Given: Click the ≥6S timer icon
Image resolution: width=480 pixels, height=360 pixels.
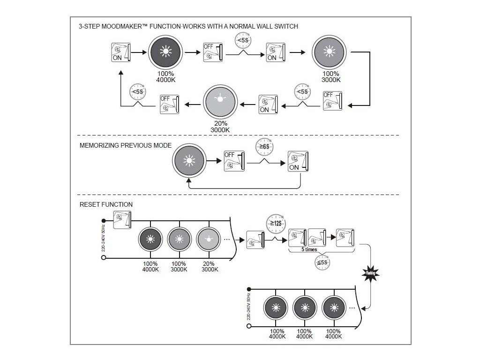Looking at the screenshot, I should [x=264, y=147].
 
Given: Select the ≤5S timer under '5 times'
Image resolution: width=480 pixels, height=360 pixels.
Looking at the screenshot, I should [x=322, y=262].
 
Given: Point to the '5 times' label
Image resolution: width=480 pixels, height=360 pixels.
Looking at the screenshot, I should [x=309, y=249].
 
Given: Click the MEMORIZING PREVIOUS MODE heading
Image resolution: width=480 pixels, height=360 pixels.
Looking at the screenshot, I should [x=126, y=145].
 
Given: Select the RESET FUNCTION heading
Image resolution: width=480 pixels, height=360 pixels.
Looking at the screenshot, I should [x=106, y=204].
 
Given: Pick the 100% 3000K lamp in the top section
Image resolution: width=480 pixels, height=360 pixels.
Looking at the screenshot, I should [x=330, y=53].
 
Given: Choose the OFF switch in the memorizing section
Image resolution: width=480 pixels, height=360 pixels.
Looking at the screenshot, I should [x=234, y=161].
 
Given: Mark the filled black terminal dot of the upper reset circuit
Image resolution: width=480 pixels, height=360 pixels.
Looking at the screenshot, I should [x=104, y=220].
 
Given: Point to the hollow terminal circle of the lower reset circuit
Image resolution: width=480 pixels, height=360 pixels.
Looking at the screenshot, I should [x=249, y=325].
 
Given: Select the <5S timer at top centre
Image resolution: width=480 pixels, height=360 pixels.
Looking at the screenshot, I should [x=242, y=41].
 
